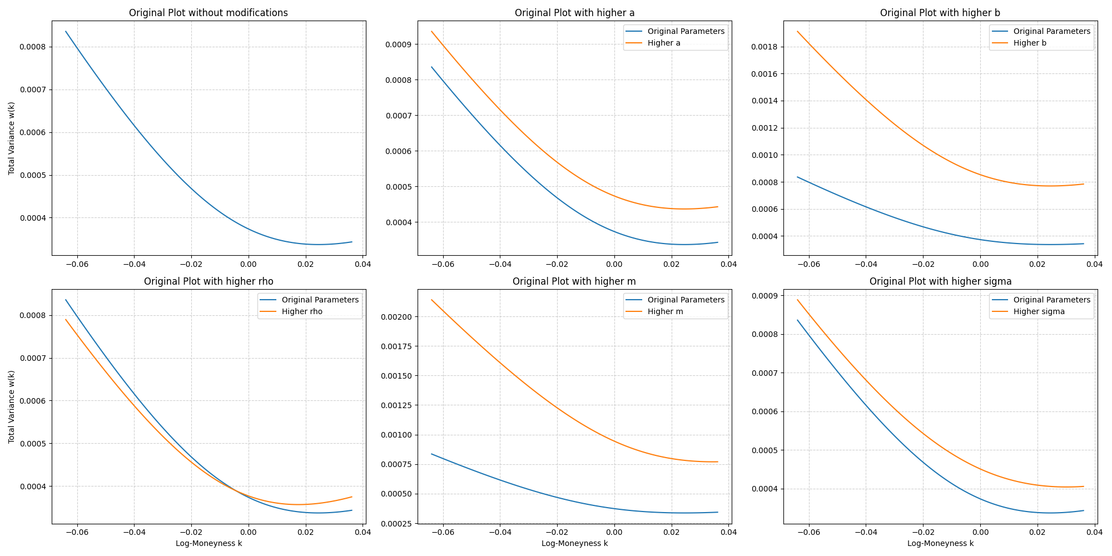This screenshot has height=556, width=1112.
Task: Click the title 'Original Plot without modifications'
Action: tap(209, 13)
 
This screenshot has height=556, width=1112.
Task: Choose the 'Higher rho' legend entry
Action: tap(301, 312)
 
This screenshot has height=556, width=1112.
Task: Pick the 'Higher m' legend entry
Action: tap(665, 312)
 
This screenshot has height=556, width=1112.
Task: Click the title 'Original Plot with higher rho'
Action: tap(209, 281)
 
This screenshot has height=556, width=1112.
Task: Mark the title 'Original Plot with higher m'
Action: tap(574, 281)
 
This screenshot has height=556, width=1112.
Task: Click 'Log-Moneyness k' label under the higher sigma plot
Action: tap(940, 543)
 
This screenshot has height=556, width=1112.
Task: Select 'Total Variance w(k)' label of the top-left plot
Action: tap(11, 138)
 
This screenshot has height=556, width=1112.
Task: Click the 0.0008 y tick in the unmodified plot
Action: tap(35, 47)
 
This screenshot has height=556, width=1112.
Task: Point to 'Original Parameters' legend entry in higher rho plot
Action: tap(320, 300)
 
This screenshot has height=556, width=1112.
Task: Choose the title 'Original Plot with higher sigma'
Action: tap(940, 281)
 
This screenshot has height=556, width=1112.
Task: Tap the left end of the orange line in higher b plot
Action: tap(797, 31)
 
